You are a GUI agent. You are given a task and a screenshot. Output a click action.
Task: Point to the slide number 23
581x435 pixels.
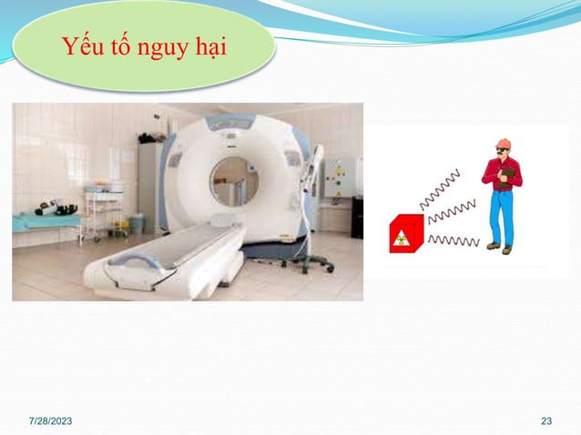546,420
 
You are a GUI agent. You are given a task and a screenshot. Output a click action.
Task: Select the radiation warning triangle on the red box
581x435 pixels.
401,243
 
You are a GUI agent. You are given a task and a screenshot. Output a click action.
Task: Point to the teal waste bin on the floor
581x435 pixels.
136,223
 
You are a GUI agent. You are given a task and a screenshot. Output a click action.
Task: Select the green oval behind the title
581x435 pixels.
146,46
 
